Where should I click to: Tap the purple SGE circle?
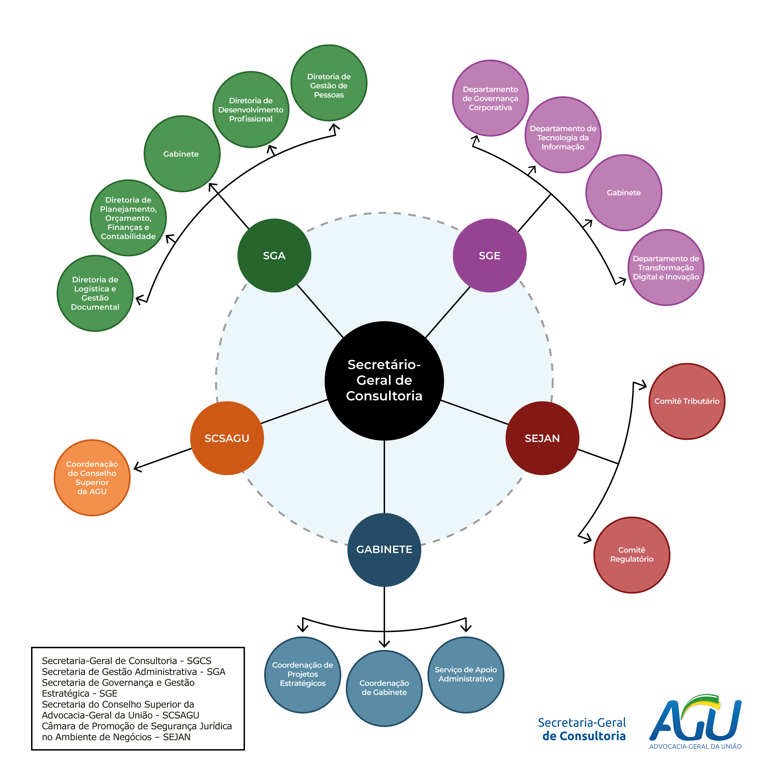click(490, 256)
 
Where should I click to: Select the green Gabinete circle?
click(181, 154)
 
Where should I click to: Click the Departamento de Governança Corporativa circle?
click(490, 98)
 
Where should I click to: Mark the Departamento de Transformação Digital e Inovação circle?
click(665, 267)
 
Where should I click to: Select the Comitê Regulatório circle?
click(632, 555)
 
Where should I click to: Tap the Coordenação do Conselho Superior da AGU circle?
click(92, 478)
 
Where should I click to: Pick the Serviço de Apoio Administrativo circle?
click(466, 675)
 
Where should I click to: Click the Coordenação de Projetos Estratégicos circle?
click(302, 675)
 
